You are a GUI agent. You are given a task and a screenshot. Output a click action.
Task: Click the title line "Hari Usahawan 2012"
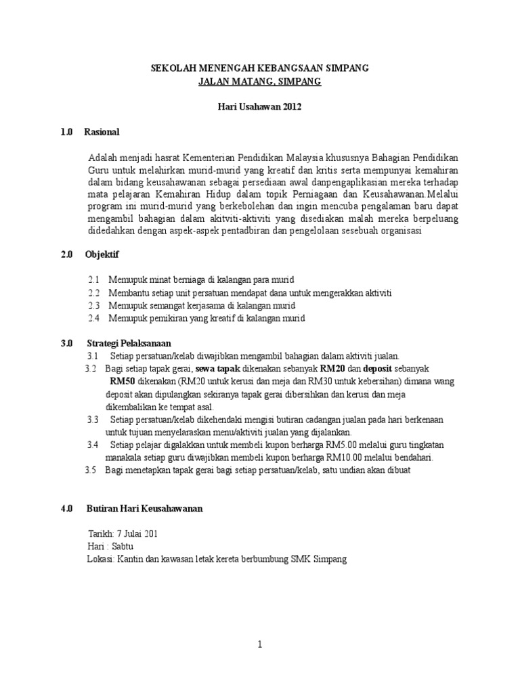(x=259, y=107)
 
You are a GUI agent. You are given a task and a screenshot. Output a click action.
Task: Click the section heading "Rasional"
(x=102, y=132)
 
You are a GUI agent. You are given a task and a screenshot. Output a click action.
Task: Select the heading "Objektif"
(x=102, y=254)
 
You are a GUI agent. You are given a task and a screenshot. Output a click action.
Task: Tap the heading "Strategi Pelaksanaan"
(x=129, y=343)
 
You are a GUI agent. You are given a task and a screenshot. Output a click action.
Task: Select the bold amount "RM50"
(x=122, y=382)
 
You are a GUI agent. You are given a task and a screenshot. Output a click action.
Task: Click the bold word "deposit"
(x=378, y=369)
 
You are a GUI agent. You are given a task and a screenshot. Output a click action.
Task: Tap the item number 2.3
(x=93, y=305)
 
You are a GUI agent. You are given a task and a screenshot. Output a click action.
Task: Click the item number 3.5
(x=91, y=470)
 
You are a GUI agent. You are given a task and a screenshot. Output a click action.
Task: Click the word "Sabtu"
(x=122, y=547)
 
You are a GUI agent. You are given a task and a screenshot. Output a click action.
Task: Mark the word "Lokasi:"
(x=102, y=559)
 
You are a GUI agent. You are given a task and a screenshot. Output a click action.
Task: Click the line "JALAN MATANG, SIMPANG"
(x=259, y=82)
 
